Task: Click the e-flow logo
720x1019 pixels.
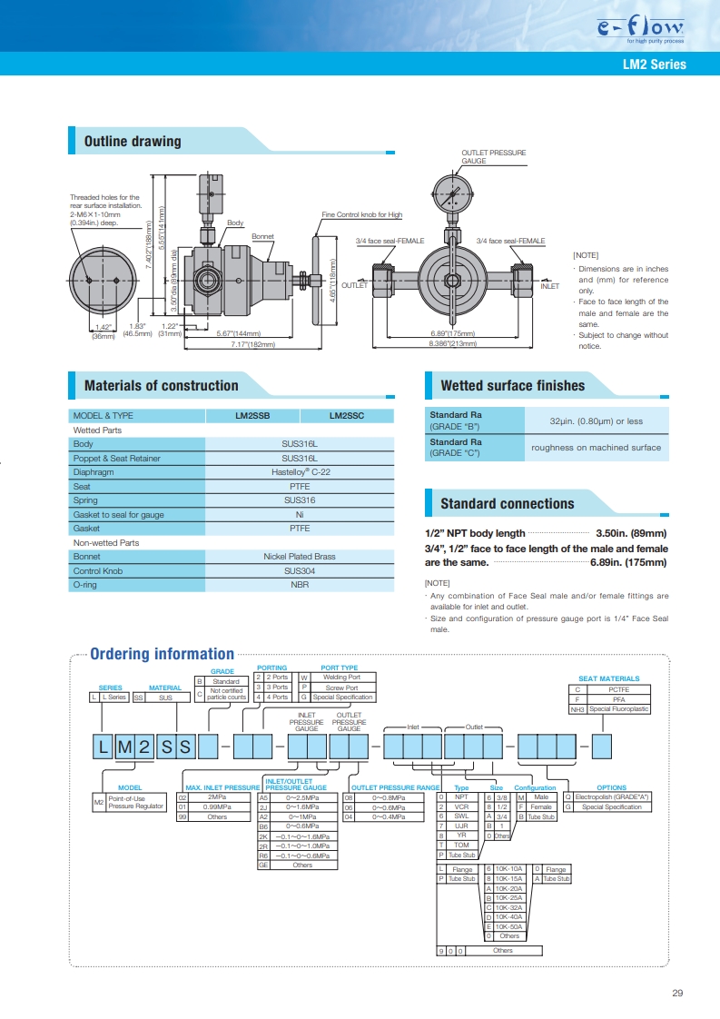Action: coord(640,28)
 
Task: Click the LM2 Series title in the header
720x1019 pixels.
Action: coord(655,64)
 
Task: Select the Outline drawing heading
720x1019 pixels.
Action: coord(133,141)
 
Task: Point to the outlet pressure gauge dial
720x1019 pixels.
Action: coord(453,193)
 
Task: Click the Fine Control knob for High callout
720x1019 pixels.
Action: coord(362,214)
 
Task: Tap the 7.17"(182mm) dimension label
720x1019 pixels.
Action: coord(252,344)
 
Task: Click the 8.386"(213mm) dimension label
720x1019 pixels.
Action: coord(452,343)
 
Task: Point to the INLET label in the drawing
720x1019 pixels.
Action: coord(549,286)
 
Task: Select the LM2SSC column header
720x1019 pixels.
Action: coord(346,416)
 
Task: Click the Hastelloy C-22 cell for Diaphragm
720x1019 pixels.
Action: coord(301,472)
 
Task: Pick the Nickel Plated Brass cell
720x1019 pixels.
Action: coord(300,557)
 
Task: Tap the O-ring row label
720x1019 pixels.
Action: coord(85,585)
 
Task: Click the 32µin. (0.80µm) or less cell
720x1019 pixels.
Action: coord(596,421)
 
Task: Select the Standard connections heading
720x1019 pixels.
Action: coord(508,504)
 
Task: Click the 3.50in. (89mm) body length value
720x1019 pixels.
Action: coord(631,533)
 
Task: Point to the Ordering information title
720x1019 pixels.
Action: coord(162,654)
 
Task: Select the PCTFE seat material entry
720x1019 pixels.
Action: coord(618,689)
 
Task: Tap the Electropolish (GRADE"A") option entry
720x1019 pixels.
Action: coord(611,797)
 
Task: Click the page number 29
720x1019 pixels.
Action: coord(677,993)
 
